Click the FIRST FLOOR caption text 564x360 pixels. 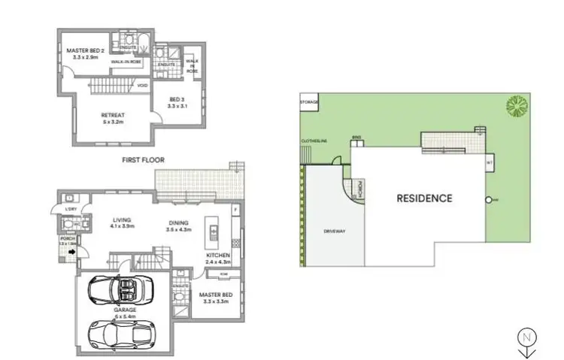click(x=144, y=160)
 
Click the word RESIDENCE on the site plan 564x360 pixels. click(x=424, y=198)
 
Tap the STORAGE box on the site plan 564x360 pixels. click(x=309, y=101)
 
